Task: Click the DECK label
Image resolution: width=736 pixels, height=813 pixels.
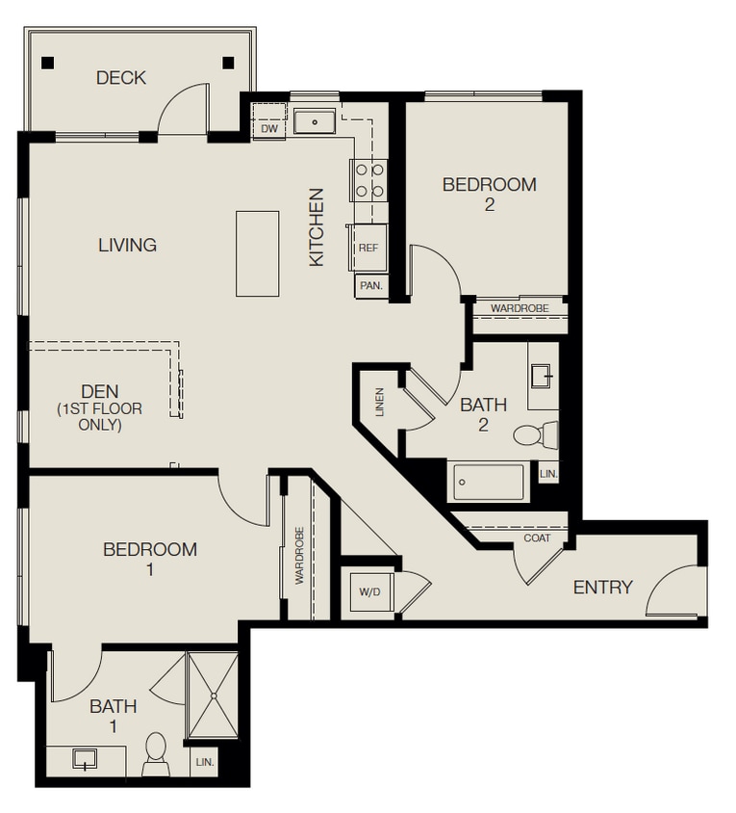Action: pyautogui.click(x=121, y=77)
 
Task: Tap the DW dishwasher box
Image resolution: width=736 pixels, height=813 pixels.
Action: pyautogui.click(x=269, y=128)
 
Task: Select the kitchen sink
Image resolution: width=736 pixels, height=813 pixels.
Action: pyautogui.click(x=314, y=122)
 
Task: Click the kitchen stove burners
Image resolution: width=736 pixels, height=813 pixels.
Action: pyautogui.click(x=368, y=179)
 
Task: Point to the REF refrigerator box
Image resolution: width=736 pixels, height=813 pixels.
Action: pyautogui.click(x=368, y=248)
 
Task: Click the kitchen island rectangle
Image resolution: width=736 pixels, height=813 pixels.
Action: pyautogui.click(x=258, y=253)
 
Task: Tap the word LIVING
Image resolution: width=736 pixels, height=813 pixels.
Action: pyautogui.click(x=127, y=245)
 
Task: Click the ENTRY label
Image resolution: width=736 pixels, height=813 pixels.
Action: pyautogui.click(x=603, y=587)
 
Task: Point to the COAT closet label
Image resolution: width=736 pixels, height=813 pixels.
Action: pyautogui.click(x=538, y=538)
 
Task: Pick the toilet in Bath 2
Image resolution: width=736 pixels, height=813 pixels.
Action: pyautogui.click(x=532, y=435)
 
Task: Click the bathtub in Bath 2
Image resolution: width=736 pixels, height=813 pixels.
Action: pyautogui.click(x=490, y=481)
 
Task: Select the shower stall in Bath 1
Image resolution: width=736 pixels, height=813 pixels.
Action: pyautogui.click(x=213, y=695)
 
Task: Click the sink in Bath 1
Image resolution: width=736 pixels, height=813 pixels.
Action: pyautogui.click(x=85, y=759)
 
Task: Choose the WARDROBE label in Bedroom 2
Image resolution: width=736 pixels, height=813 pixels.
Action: pyautogui.click(x=520, y=308)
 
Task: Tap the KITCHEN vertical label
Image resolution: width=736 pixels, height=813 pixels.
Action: pyautogui.click(x=317, y=226)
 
